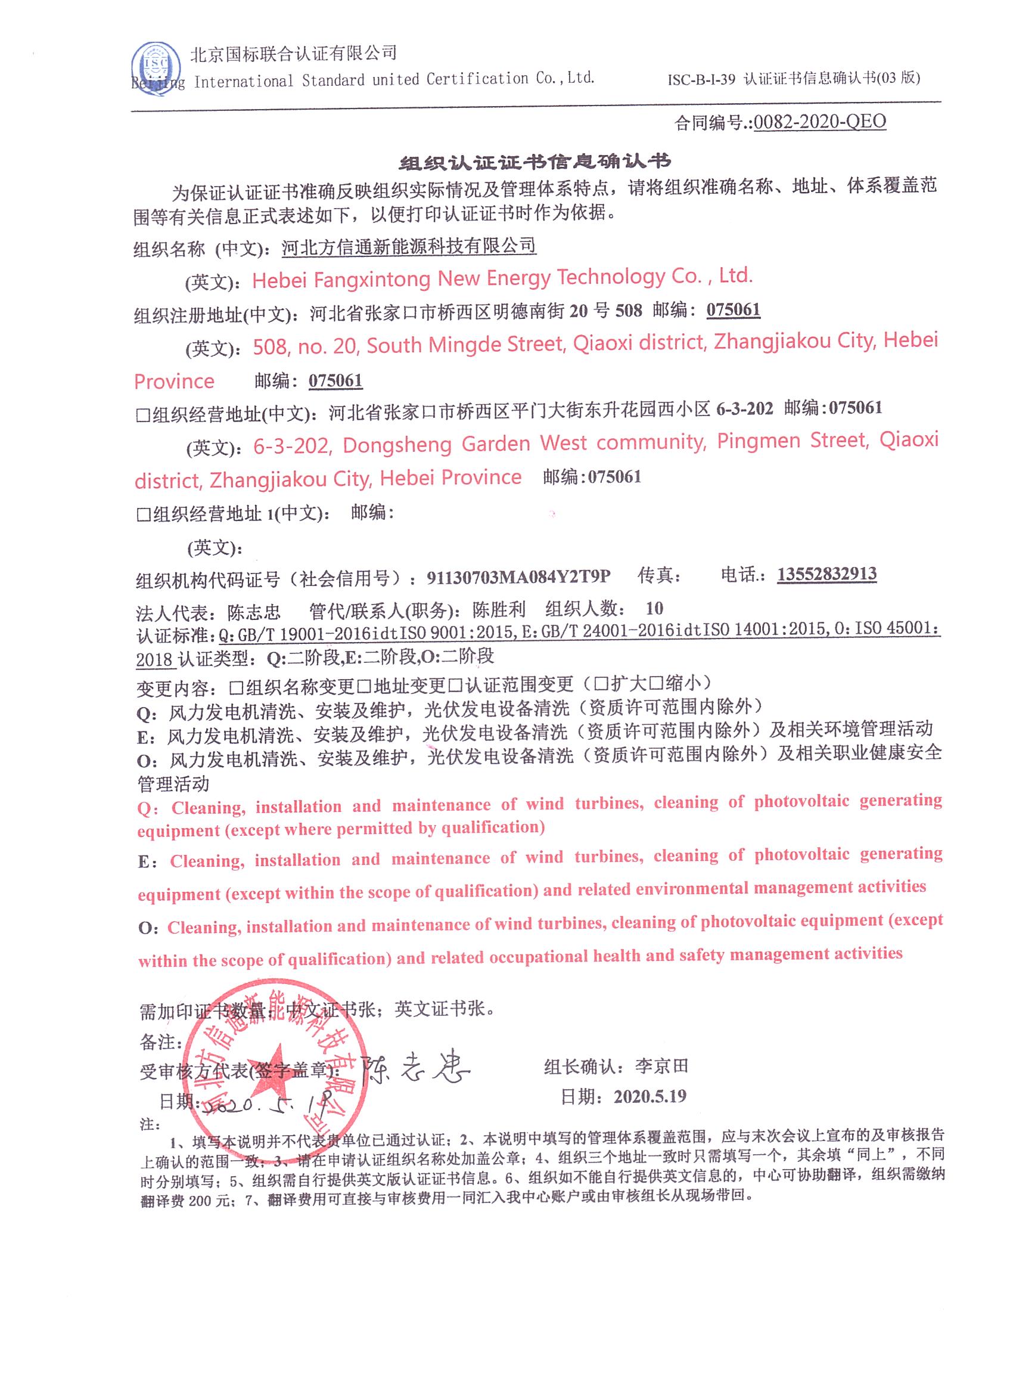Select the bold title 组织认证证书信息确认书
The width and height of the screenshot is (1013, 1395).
click(534, 161)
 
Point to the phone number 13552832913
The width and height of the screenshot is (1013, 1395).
click(826, 574)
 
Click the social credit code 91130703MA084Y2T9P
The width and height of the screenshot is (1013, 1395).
click(518, 576)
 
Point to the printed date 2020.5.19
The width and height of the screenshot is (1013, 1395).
click(650, 1096)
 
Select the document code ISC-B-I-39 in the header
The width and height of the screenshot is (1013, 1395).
click(701, 79)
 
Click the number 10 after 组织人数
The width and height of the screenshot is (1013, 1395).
click(654, 608)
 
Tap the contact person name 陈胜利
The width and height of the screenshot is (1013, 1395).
click(499, 609)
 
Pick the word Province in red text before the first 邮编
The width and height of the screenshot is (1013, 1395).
click(174, 382)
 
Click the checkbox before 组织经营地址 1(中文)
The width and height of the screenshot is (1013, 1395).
click(143, 514)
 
